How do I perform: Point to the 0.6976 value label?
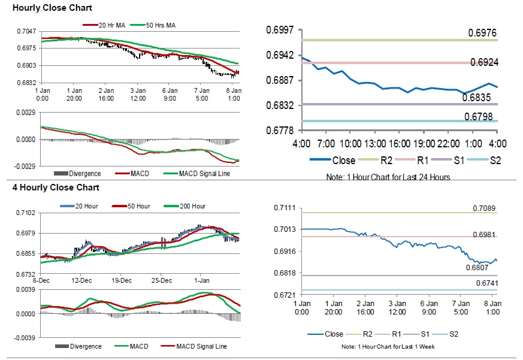click(483, 32)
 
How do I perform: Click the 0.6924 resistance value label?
click(483, 62)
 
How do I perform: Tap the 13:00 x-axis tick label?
click(375, 144)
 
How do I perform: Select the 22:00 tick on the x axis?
click(449, 144)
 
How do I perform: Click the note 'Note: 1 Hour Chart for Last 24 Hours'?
click(388, 177)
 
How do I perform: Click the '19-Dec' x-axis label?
click(122, 280)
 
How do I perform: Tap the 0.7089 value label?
click(484, 208)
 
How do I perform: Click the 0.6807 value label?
click(477, 268)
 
